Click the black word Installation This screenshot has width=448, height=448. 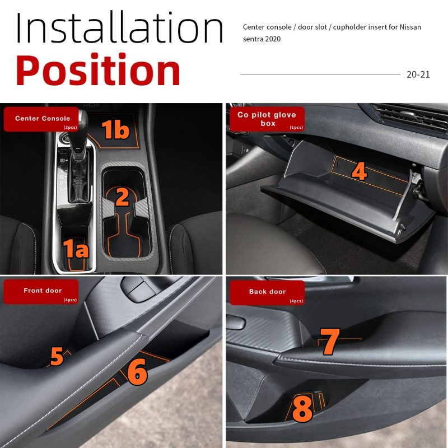[x=119, y=27]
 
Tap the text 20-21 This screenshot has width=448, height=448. [x=418, y=74]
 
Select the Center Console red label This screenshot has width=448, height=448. [x=41, y=119]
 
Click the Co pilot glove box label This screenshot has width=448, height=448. [x=267, y=119]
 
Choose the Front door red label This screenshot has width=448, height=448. [x=41, y=292]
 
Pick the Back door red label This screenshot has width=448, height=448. [x=267, y=292]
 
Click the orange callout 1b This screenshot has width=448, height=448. [x=115, y=129]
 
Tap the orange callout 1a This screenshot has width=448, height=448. [x=76, y=248]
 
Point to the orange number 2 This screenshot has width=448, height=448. [x=122, y=197]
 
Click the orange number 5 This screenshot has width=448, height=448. [x=57, y=356]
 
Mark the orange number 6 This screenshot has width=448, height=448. [x=137, y=372]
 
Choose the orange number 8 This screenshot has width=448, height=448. [x=302, y=409]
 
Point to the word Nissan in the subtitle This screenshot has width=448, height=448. [x=410, y=27]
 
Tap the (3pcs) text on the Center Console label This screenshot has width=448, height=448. [x=71, y=128]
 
